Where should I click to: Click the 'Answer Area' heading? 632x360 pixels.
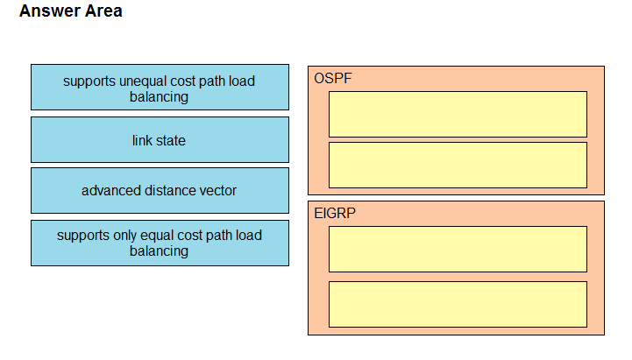[x=71, y=11]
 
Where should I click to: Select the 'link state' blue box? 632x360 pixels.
[x=160, y=140]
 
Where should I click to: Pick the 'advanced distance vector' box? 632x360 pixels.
[x=160, y=190]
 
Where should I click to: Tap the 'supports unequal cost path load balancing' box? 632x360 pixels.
[x=160, y=87]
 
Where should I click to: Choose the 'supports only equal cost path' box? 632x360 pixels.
[x=160, y=243]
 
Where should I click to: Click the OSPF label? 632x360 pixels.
[x=333, y=78]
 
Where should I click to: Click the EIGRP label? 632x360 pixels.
[x=335, y=213]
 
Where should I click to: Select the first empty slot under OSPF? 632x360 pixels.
[x=458, y=115]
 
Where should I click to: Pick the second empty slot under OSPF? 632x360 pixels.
[x=458, y=165]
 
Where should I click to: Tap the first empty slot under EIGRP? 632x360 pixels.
[x=458, y=250]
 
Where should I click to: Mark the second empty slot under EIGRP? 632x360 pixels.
[x=458, y=305]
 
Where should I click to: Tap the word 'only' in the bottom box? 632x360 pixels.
[x=124, y=236]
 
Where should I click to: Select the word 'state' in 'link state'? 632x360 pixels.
[x=171, y=140]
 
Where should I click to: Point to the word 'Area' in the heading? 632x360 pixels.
[x=103, y=11]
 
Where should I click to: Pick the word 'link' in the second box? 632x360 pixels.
[x=142, y=140]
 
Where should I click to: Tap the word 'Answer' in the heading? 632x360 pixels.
[x=50, y=11]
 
